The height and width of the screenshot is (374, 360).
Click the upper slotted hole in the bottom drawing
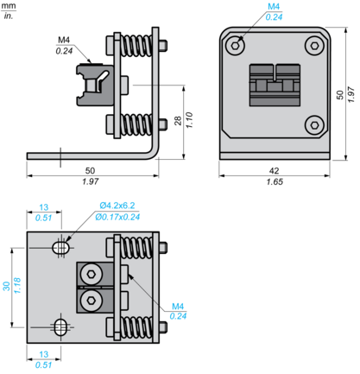click(60, 248)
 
